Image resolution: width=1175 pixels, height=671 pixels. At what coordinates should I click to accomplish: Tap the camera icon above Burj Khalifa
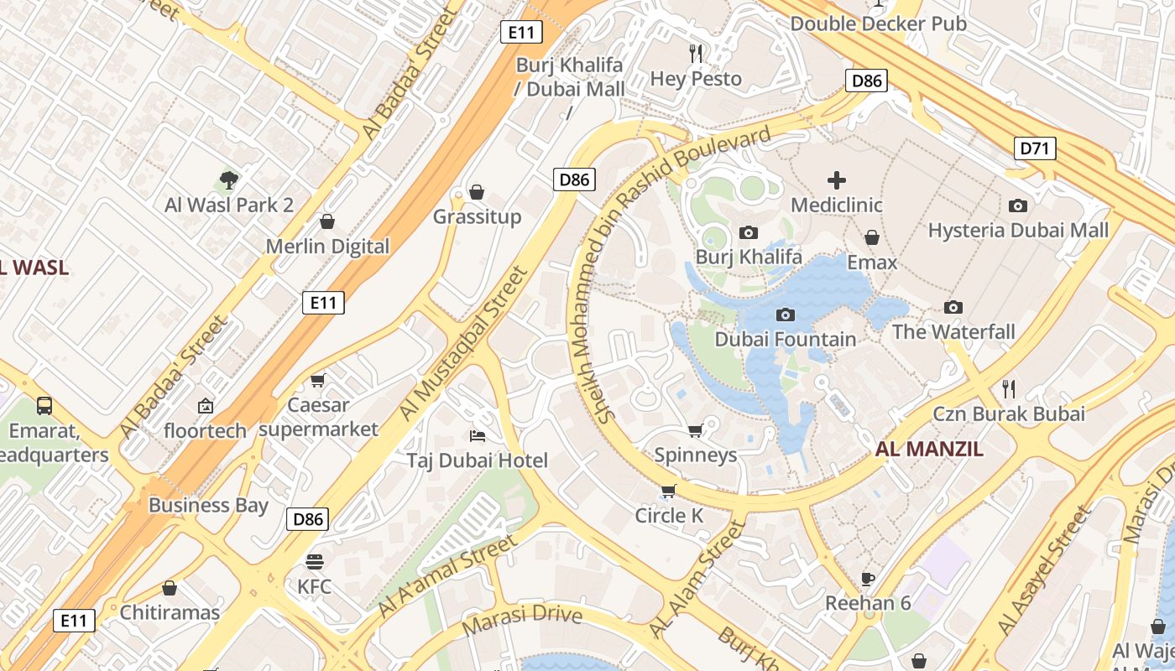click(x=748, y=232)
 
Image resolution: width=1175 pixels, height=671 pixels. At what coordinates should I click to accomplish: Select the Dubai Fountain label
click(x=785, y=339)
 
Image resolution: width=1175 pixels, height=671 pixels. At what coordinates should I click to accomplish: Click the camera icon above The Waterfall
click(x=953, y=307)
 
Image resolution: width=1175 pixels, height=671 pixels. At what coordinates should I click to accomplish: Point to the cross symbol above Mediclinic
click(x=837, y=179)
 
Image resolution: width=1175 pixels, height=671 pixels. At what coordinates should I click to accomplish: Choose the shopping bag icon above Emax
click(x=872, y=237)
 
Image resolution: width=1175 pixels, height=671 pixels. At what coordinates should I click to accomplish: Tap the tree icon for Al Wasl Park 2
click(x=228, y=179)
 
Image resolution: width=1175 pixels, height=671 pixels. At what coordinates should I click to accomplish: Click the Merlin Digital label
click(x=327, y=247)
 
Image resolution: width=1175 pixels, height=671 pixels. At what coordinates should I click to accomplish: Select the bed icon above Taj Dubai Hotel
click(x=477, y=435)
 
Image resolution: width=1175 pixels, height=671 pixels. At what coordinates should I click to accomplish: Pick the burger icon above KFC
click(x=315, y=561)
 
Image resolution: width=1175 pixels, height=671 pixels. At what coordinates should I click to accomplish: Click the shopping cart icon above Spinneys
click(x=695, y=430)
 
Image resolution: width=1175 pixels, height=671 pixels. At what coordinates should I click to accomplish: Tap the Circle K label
click(x=669, y=516)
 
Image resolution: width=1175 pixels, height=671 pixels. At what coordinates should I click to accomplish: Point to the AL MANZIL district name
click(x=929, y=449)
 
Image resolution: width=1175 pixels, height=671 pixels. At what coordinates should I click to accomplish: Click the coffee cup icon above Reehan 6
click(x=868, y=579)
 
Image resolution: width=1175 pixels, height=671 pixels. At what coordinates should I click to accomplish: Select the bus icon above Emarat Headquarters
click(x=44, y=406)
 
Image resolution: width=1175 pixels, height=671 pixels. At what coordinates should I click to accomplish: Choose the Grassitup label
click(x=477, y=217)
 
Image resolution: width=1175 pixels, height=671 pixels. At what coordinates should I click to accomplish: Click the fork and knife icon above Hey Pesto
click(x=696, y=54)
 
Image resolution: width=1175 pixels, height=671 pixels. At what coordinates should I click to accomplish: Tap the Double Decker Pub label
click(x=878, y=23)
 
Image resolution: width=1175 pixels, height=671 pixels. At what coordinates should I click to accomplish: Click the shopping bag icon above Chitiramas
click(x=170, y=588)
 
